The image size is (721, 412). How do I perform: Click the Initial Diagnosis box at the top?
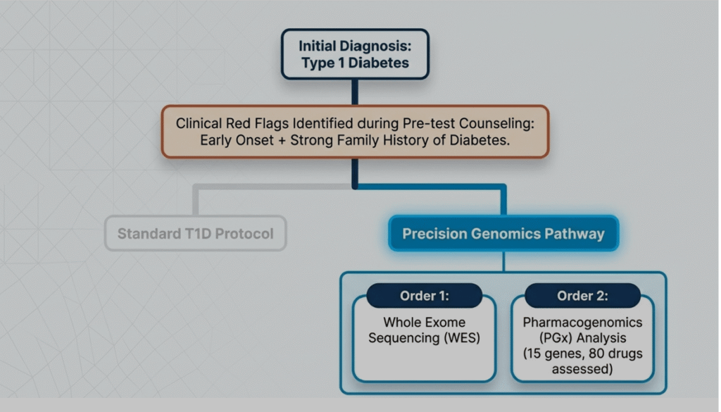[355, 54]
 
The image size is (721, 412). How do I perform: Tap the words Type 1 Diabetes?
[355, 63]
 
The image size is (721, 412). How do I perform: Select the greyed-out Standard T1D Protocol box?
[195, 233]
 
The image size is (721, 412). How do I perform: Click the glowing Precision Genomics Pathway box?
[503, 233]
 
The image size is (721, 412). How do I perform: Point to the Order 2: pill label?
[582, 296]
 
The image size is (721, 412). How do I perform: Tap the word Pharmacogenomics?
[582, 322]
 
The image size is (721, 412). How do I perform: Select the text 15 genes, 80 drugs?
[582, 354]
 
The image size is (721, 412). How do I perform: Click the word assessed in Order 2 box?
[582, 369]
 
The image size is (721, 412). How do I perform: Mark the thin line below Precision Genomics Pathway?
[503, 261]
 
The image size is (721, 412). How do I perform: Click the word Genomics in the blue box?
[504, 233]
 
